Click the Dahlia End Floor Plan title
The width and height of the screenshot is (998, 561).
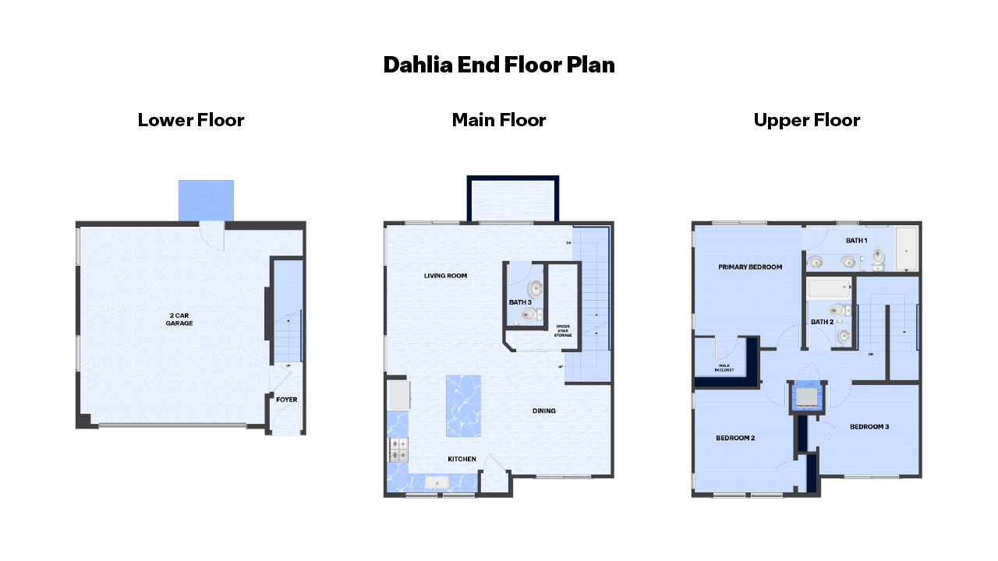coord(499,65)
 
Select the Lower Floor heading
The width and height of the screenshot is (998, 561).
coord(191,120)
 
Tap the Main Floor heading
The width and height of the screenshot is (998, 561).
coord(499,120)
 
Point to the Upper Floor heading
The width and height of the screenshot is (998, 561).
coord(807,120)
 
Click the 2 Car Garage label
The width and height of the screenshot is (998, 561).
coord(179,319)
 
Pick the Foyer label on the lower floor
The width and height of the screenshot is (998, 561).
coord(286,400)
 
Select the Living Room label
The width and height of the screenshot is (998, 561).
coord(445,276)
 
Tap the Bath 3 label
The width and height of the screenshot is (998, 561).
coord(520,302)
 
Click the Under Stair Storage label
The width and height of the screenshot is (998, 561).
coord(563,330)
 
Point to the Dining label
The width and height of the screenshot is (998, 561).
coord(544,411)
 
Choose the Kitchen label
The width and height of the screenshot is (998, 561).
coord(462,459)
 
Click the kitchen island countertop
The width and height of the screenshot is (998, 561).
coord(463,406)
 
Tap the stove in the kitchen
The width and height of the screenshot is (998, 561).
coord(398,450)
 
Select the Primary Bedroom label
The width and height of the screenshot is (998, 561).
coord(750,267)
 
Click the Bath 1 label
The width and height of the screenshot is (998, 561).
coord(856,240)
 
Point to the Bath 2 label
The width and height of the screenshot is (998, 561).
coord(822,322)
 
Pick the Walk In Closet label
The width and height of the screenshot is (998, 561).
coord(724,368)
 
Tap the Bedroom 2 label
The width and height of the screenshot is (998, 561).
coord(735,438)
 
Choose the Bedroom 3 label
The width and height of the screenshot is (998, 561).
coord(869,427)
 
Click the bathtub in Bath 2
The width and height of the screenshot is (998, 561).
coord(829,289)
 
